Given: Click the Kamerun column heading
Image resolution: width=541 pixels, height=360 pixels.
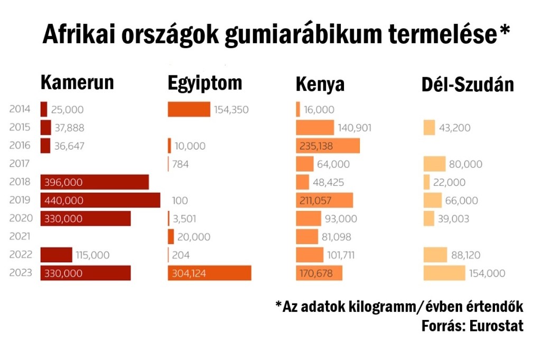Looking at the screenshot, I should tap(77, 83).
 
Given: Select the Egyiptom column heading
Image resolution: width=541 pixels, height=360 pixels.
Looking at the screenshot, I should tap(205, 83).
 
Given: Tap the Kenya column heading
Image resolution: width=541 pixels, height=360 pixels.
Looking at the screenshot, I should tap(320, 84).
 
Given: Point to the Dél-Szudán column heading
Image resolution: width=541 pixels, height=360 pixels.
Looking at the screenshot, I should tap(468, 84).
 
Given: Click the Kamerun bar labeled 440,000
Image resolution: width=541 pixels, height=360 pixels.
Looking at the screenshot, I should tap(100, 200).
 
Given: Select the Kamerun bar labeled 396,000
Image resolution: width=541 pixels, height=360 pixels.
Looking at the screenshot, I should tap(95, 182).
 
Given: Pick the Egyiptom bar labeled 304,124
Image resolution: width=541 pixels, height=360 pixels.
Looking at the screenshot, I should tap(209, 273).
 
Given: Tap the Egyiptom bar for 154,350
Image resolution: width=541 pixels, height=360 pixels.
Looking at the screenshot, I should tap(189, 109).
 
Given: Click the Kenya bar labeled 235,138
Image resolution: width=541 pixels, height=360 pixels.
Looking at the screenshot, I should tap(328, 146).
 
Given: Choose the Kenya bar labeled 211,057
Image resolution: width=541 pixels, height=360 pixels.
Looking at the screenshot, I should tap(324, 200).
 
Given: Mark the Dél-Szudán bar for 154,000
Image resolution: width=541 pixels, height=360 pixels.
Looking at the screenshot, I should tap(444, 273).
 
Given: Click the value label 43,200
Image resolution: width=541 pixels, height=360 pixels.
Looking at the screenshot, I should tap(454, 128).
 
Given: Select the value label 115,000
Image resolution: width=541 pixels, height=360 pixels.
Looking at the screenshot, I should tap(92, 255).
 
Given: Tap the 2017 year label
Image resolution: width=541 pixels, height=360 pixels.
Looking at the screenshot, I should tap(21, 164).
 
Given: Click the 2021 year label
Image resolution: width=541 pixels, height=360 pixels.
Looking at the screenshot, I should tap(21, 236).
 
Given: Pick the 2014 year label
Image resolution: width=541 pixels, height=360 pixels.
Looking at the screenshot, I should tap(21, 109).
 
